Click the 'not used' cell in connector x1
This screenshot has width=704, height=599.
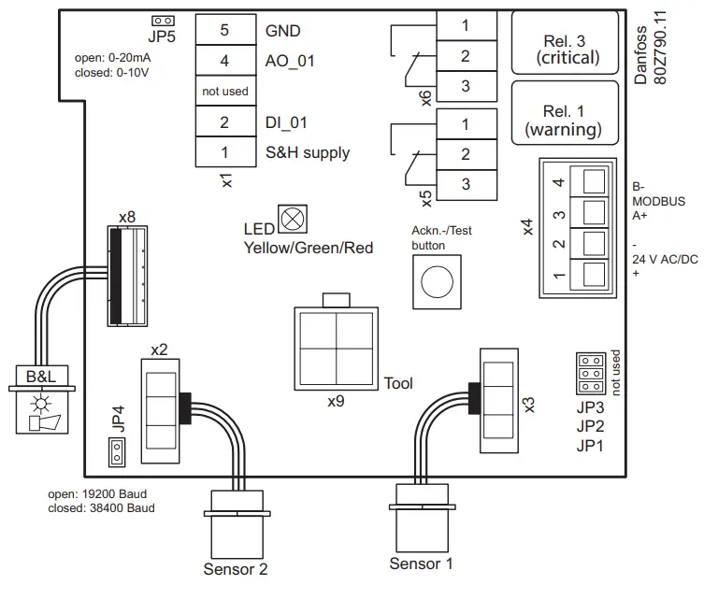point(223,92)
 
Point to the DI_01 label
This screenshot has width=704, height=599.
point(286,122)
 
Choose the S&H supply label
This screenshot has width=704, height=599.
point(307,153)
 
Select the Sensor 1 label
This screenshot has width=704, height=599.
point(421,563)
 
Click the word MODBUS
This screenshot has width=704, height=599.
point(658,201)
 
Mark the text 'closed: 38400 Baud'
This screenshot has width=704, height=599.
point(101,508)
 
